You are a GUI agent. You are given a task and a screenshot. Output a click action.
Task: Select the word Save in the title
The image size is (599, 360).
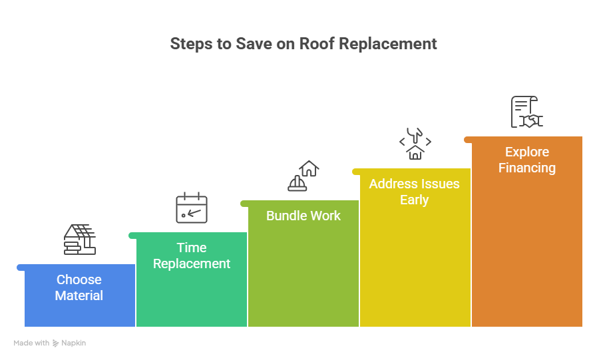coord(236,44)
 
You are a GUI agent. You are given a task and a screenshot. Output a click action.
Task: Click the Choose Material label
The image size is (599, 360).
coord(79,287)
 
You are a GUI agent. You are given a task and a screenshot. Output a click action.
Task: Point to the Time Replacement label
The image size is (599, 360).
coord(192,256)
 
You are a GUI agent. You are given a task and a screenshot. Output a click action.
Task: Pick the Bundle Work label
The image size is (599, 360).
coord(303,216)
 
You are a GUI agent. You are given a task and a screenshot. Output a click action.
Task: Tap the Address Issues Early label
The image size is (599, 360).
coord(414,192)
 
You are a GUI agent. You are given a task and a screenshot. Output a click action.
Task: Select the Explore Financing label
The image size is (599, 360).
coord(527,160)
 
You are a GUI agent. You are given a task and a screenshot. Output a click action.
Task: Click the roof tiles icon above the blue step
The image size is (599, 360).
coord(80,240)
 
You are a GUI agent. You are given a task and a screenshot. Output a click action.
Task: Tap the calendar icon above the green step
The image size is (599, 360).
coord(192,208)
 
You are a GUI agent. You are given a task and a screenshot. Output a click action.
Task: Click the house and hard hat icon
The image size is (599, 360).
coord(303,176)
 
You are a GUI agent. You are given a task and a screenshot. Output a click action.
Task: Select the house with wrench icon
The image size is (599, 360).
coord(415,144)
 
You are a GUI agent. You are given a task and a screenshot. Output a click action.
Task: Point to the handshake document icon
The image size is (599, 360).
coord(526,112)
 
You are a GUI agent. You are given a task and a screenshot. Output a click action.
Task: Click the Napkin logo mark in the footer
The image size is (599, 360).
coord(56,343)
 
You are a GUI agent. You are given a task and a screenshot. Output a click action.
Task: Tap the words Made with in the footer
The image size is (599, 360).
coord(31,343)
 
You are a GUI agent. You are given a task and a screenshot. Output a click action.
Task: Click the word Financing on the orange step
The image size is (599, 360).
coord(527,168)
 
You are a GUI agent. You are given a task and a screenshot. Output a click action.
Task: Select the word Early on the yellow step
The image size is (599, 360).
coord(414,200)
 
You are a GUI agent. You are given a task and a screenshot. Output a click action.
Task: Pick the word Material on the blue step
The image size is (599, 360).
coord(79,295)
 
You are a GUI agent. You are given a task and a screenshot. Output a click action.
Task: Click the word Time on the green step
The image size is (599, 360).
coord(192,248)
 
